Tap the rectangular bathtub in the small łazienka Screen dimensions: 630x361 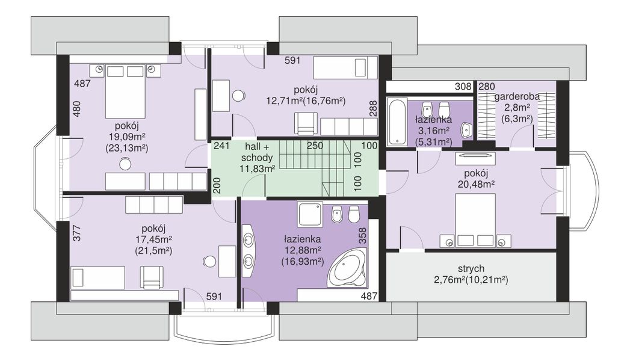[397, 121]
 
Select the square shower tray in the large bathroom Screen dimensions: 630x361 [310, 214]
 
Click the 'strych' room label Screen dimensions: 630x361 [471, 268]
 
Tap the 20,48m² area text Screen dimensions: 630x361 [476, 184]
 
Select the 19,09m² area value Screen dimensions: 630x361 [126, 137]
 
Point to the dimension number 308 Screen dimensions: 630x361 [463, 86]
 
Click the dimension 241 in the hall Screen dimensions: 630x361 [221, 146]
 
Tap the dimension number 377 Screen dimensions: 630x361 [77, 233]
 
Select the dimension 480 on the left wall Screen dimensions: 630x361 [76, 108]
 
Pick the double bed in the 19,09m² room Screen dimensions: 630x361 [125, 91]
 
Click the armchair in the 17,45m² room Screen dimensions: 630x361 [152, 277]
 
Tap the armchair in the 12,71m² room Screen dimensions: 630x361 [306, 123]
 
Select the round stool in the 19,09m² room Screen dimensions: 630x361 [125, 164]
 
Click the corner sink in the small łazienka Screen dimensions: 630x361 [467, 130]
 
